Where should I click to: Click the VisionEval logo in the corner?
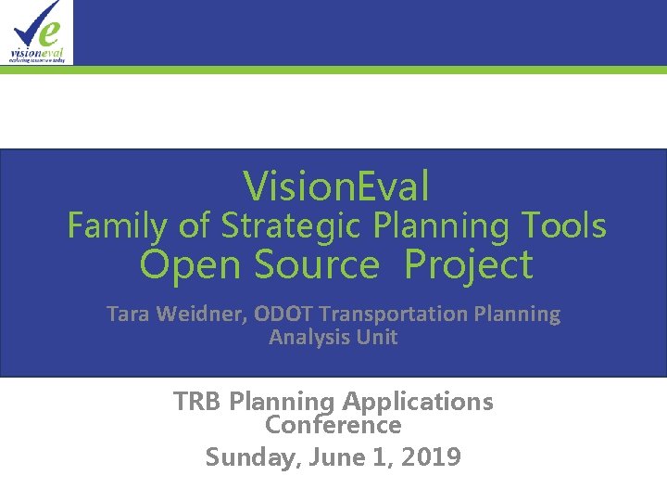(36, 32)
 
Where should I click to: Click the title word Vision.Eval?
(336, 186)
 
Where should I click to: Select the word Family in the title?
(114, 225)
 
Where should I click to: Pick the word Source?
(316, 265)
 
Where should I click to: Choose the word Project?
(469, 265)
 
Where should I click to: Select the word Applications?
(418, 402)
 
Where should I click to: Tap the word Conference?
(333, 425)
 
